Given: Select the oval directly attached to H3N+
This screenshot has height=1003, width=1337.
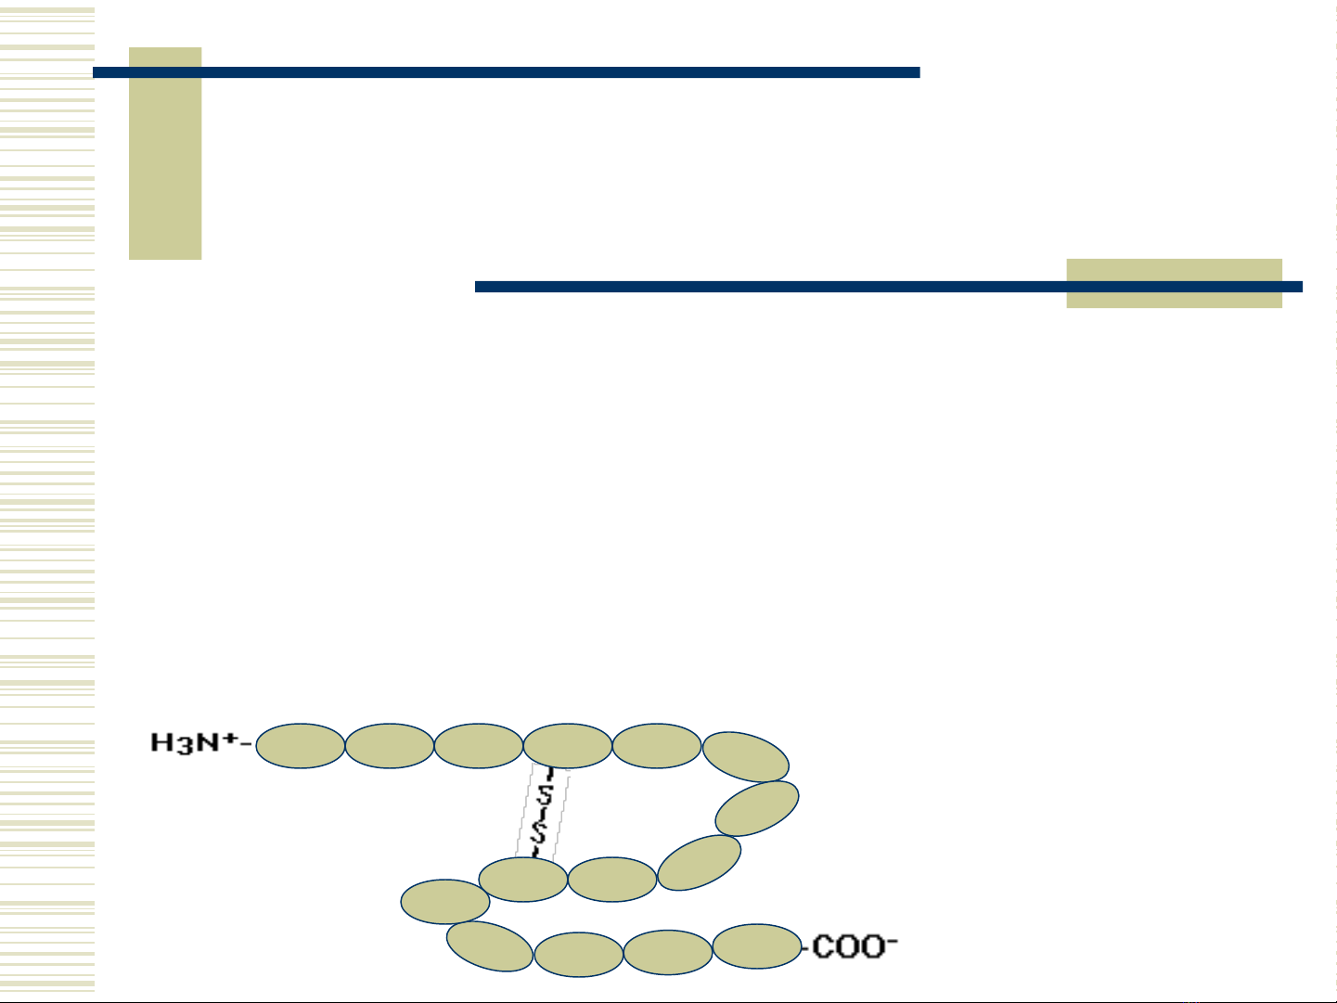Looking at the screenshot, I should pyautogui.click(x=300, y=746).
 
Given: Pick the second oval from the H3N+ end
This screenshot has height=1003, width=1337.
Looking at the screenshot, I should pyautogui.click(x=389, y=746).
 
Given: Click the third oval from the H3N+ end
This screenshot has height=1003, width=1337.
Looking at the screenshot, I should pyautogui.click(x=478, y=746).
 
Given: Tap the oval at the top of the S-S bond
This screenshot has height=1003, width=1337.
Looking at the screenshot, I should pyautogui.click(x=567, y=746).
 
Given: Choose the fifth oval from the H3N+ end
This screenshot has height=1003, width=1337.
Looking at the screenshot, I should pyautogui.click(x=656, y=746).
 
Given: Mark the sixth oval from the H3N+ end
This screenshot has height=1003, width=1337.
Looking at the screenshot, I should pyautogui.click(x=746, y=757).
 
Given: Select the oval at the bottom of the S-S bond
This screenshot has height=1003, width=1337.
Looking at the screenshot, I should pyautogui.click(x=522, y=880).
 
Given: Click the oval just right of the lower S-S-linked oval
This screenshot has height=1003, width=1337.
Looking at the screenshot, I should pyautogui.click(x=611, y=880).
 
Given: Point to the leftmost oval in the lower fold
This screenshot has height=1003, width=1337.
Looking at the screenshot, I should pyautogui.click(x=445, y=902).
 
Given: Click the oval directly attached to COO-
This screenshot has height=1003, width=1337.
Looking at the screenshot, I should pyautogui.click(x=756, y=946).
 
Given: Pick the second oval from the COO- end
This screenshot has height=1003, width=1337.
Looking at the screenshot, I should pyautogui.click(x=667, y=953).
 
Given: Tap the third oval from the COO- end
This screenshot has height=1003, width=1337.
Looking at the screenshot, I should pyautogui.click(x=578, y=955).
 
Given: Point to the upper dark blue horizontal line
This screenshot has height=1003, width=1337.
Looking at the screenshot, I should pyautogui.click(x=507, y=72).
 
